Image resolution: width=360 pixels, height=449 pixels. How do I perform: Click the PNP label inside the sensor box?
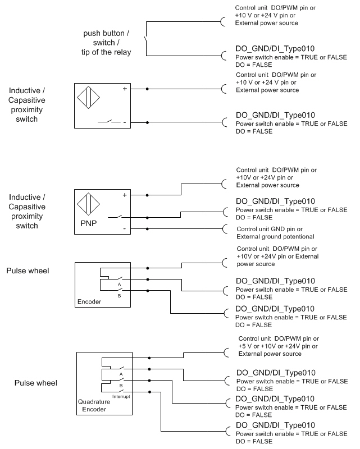(x=89, y=223)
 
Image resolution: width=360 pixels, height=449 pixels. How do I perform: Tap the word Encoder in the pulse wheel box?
(x=89, y=301)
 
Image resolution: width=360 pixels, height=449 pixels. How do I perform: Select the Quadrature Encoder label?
(x=94, y=405)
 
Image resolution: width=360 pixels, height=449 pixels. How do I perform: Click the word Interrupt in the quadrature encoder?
(x=121, y=397)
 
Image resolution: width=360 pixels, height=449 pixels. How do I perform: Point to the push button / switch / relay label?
(x=106, y=43)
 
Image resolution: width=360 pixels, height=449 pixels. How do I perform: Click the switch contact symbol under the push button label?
(x=146, y=39)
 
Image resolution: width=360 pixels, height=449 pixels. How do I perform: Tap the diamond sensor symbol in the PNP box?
(x=88, y=204)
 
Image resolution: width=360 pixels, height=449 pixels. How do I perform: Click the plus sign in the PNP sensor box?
(x=125, y=195)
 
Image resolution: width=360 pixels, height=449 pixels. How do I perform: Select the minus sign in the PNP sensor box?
(x=125, y=228)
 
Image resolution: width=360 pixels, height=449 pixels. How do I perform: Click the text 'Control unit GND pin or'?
(x=270, y=229)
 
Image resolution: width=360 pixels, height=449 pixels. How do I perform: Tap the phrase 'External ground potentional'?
(x=275, y=236)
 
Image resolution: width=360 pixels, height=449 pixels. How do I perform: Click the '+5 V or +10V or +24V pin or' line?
(x=278, y=346)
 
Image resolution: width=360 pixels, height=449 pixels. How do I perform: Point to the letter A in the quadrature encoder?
(x=121, y=374)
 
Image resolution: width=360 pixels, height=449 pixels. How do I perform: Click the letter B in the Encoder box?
(x=119, y=296)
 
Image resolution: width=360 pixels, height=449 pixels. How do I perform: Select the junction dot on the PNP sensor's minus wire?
(x=147, y=229)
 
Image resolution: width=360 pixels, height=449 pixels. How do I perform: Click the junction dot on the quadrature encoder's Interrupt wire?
(x=149, y=392)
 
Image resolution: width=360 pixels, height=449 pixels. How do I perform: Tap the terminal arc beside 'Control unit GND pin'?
(x=225, y=229)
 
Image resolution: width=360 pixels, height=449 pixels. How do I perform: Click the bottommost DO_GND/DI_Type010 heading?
(x=275, y=425)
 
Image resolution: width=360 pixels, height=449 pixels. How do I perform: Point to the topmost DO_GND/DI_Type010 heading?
(x=275, y=49)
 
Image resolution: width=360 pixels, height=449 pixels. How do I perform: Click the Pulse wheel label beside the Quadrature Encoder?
(x=36, y=383)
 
